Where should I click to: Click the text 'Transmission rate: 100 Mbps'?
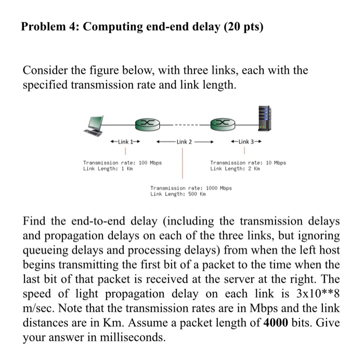click(x=123, y=163)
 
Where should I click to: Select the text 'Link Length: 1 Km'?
click(x=106, y=169)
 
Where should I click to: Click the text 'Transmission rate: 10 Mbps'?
click(x=248, y=163)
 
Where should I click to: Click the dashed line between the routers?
click(x=183, y=124)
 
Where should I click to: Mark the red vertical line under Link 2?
click(x=182, y=164)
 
